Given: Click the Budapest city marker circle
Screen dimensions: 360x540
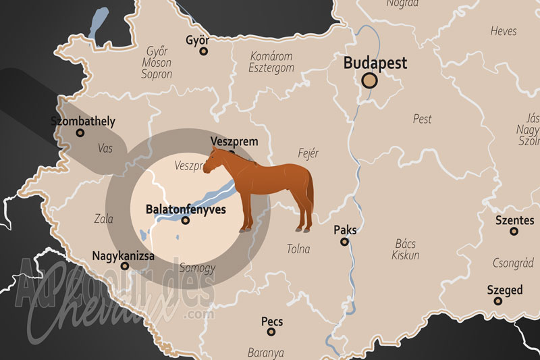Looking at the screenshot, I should pyautogui.click(x=369, y=82).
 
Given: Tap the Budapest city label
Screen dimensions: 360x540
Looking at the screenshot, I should pyautogui.click(x=375, y=63).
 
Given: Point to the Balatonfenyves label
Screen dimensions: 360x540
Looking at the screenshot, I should pyautogui.click(x=186, y=209).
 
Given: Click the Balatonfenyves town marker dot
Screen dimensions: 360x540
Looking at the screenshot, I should pyautogui.click(x=186, y=220).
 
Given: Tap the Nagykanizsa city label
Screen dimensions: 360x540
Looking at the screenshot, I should pyautogui.click(x=123, y=256).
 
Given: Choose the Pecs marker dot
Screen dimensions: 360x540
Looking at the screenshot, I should pyautogui.click(x=271, y=332).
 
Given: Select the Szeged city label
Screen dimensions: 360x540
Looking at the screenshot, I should pyautogui.click(x=505, y=290).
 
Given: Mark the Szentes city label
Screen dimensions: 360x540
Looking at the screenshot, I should pyautogui.click(x=514, y=220).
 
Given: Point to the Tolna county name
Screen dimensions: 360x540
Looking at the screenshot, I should pyautogui.click(x=298, y=249).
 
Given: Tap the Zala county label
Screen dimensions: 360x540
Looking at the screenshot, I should pyautogui.click(x=104, y=219).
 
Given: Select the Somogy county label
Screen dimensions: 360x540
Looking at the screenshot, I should pyautogui.click(x=198, y=268).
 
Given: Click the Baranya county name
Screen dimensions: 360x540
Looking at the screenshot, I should pyautogui.click(x=266, y=353).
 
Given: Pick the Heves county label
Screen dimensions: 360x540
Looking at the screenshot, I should pyautogui.click(x=504, y=31).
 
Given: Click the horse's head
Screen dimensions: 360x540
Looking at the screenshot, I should pyautogui.click(x=212, y=161).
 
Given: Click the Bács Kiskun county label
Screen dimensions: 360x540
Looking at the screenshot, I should pyautogui.click(x=406, y=249).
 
